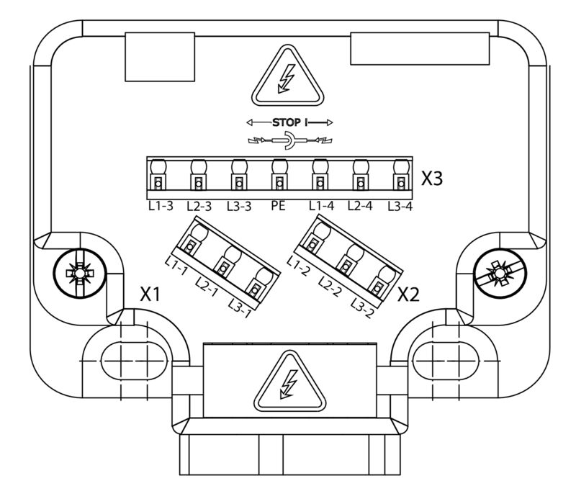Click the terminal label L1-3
157,207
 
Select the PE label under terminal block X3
279,207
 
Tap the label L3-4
400,207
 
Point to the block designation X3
431,179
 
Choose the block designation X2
409,294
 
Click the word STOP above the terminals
288,122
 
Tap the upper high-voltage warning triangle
287,78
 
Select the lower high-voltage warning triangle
287,384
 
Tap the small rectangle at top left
159,56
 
